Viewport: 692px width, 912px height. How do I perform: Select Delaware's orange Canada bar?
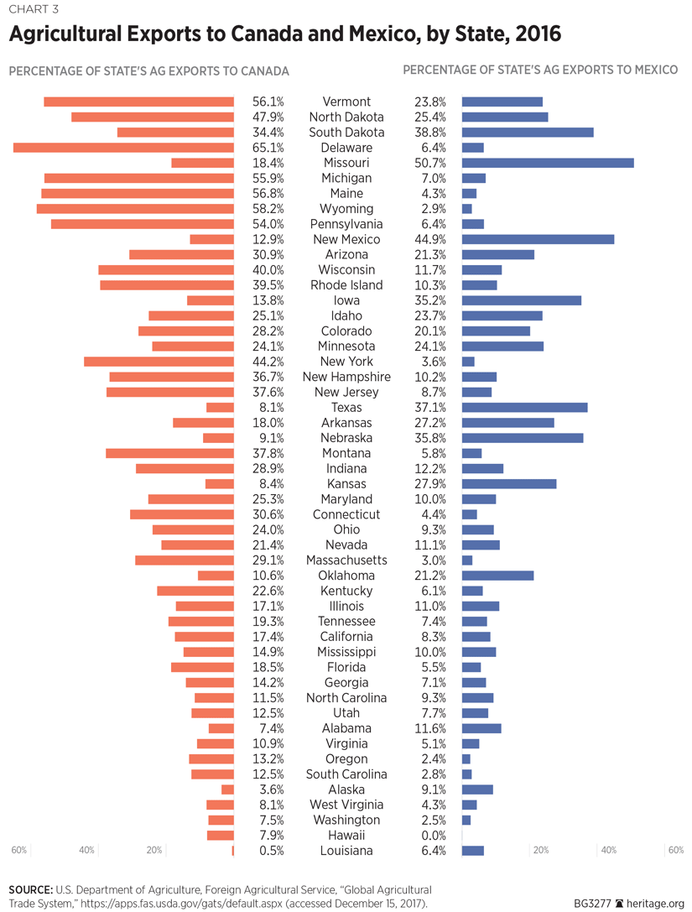(123, 148)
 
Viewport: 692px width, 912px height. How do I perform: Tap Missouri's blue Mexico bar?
(548, 163)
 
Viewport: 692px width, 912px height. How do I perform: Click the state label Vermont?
(346, 102)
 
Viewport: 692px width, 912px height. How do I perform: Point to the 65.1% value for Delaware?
(268, 148)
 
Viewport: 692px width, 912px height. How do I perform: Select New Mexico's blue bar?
(538, 239)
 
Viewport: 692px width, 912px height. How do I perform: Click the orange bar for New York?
(159, 362)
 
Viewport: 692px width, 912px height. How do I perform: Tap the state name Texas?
(346, 408)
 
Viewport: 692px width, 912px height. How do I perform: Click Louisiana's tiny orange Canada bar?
(232, 851)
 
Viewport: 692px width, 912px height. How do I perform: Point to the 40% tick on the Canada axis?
(87, 851)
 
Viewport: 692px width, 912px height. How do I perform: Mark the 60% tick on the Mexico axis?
(675, 851)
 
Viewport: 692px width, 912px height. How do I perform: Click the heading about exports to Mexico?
(540, 70)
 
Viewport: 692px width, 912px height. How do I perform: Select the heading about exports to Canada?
(148, 70)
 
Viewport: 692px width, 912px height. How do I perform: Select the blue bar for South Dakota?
(528, 133)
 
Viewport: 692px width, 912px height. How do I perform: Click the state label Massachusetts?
(346, 560)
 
